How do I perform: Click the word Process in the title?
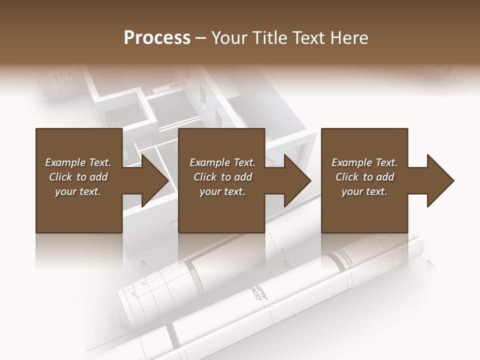(157, 38)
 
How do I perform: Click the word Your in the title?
(229, 38)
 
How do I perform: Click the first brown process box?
(78, 210)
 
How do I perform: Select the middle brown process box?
(221, 210)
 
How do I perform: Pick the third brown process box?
(364, 210)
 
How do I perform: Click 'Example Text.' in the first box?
(78, 162)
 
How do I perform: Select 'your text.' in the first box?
(78, 191)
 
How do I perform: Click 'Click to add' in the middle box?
(222, 177)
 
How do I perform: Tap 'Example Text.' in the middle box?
(222, 162)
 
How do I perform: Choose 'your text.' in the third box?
(364, 191)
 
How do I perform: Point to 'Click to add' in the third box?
(364, 177)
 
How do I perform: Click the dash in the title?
(201, 38)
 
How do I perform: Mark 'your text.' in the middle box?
(222, 191)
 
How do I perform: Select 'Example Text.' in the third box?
(364, 162)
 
